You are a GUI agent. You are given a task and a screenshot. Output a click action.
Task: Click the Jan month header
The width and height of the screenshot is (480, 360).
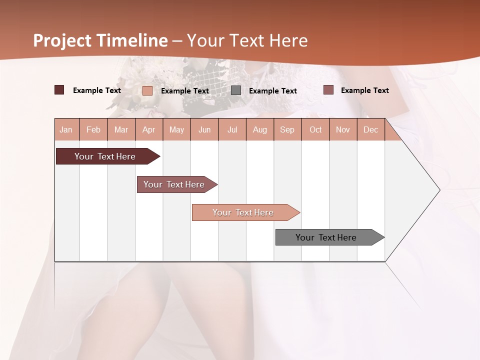pyautogui.click(x=66, y=129)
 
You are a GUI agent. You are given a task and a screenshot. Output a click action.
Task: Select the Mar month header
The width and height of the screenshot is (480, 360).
pyautogui.click(x=121, y=129)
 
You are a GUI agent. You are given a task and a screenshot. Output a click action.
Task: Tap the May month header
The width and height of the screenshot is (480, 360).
pyautogui.click(x=176, y=129)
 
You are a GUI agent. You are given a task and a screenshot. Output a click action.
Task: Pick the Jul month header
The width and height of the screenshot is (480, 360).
pyautogui.click(x=232, y=129)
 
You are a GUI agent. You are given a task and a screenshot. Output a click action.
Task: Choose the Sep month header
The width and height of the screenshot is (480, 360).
pyautogui.click(x=287, y=129)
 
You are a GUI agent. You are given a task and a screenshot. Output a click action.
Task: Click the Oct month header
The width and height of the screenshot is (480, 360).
pyautogui.click(x=315, y=129)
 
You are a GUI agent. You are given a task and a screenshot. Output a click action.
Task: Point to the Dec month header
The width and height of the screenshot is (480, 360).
pyautogui.click(x=370, y=129)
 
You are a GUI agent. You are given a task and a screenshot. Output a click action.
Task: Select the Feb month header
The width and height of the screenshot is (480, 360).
pyautogui.click(x=93, y=129)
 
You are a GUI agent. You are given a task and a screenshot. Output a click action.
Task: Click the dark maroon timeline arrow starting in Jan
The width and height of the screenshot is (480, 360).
pyautogui.click(x=105, y=156)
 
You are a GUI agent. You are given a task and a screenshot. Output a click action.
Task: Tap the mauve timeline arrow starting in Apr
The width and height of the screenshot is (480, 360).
pyautogui.click(x=174, y=184)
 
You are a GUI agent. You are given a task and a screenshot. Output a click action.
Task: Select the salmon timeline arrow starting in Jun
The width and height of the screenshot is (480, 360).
pyautogui.click(x=243, y=212)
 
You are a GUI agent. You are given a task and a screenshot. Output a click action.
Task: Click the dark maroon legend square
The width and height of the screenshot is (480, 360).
pyautogui.click(x=59, y=90)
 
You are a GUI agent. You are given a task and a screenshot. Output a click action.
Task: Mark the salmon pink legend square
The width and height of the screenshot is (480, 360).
pyautogui.click(x=147, y=90)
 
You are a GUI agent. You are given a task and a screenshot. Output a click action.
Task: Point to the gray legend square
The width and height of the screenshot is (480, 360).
pyautogui.click(x=236, y=90)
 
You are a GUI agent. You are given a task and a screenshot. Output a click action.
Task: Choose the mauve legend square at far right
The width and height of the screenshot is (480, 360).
pyautogui.click(x=328, y=90)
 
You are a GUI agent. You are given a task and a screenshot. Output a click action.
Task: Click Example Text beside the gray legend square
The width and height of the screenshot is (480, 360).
pyautogui.click(x=272, y=91)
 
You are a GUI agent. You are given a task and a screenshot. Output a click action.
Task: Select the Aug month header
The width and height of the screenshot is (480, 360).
pyautogui.click(x=259, y=129)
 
